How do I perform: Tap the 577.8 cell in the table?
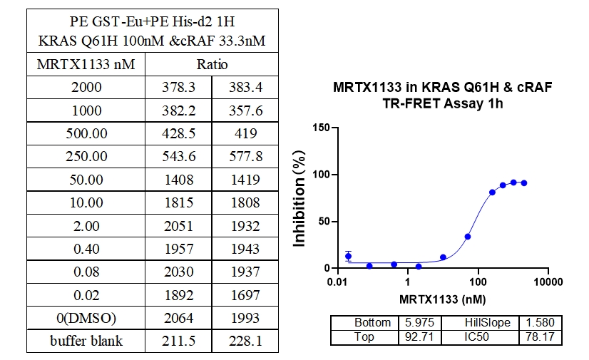[x=246, y=156]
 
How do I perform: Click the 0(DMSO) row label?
[x=86, y=318]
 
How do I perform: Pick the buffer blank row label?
[x=86, y=341]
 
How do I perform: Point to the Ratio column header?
[x=212, y=65]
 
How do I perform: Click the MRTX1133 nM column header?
[x=86, y=65]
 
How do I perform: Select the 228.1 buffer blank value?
[x=246, y=341]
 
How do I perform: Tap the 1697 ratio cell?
[x=246, y=295]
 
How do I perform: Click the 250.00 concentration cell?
[x=86, y=156]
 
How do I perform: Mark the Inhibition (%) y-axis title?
[x=300, y=197]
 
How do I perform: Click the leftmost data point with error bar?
[x=348, y=256]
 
